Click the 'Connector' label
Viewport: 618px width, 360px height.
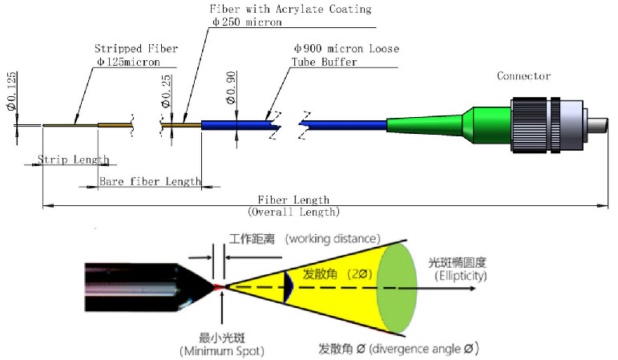coord(523,76)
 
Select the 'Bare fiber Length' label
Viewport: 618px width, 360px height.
coord(150,181)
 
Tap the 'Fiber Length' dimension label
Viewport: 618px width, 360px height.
coord(293,200)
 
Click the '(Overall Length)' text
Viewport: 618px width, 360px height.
coord(293,212)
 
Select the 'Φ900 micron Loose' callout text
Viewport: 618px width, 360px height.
coord(346,49)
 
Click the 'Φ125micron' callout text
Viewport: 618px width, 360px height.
coord(127,61)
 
